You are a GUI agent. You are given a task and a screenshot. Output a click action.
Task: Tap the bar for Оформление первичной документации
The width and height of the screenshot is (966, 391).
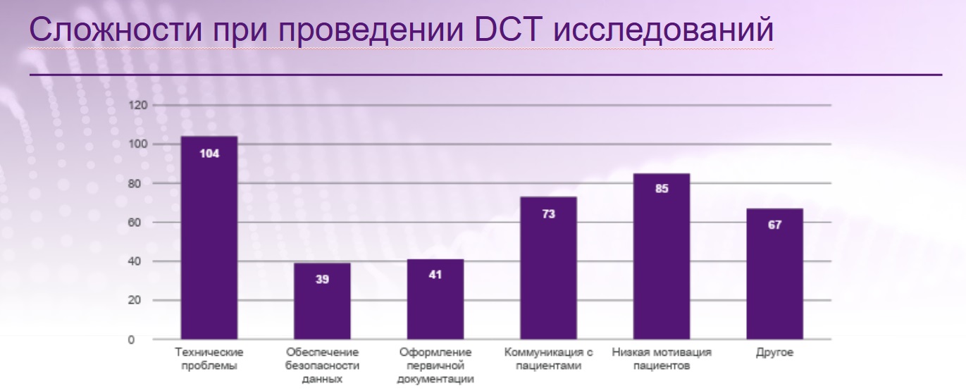pyautogui.click(x=435, y=299)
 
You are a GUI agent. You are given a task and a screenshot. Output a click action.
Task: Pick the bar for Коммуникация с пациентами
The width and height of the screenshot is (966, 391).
pyautogui.click(x=548, y=268)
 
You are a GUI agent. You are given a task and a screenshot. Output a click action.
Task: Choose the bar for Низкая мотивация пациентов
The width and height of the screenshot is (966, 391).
pyautogui.click(x=661, y=256)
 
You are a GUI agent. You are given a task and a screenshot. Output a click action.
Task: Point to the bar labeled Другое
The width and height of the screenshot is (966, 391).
pyautogui.click(x=774, y=274)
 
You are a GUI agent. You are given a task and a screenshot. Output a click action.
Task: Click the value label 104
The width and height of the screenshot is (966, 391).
pyautogui.click(x=209, y=153)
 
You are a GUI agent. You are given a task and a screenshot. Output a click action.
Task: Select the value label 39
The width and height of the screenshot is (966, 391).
pyautogui.click(x=322, y=280)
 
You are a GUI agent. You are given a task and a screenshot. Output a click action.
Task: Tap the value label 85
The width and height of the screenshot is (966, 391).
pyautogui.click(x=661, y=189)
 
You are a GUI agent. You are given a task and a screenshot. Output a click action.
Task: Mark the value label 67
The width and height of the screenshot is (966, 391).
pyautogui.click(x=774, y=225)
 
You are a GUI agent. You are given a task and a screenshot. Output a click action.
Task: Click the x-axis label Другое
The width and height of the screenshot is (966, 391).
pyautogui.click(x=774, y=352)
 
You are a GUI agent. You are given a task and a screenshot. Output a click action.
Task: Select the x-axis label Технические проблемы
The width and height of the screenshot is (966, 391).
pyautogui.click(x=209, y=359)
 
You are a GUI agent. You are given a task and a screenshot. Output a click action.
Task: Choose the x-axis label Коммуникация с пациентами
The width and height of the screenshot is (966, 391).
pyautogui.click(x=548, y=359)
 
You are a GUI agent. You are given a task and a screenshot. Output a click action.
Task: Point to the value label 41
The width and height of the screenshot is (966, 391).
pyautogui.click(x=435, y=275)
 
